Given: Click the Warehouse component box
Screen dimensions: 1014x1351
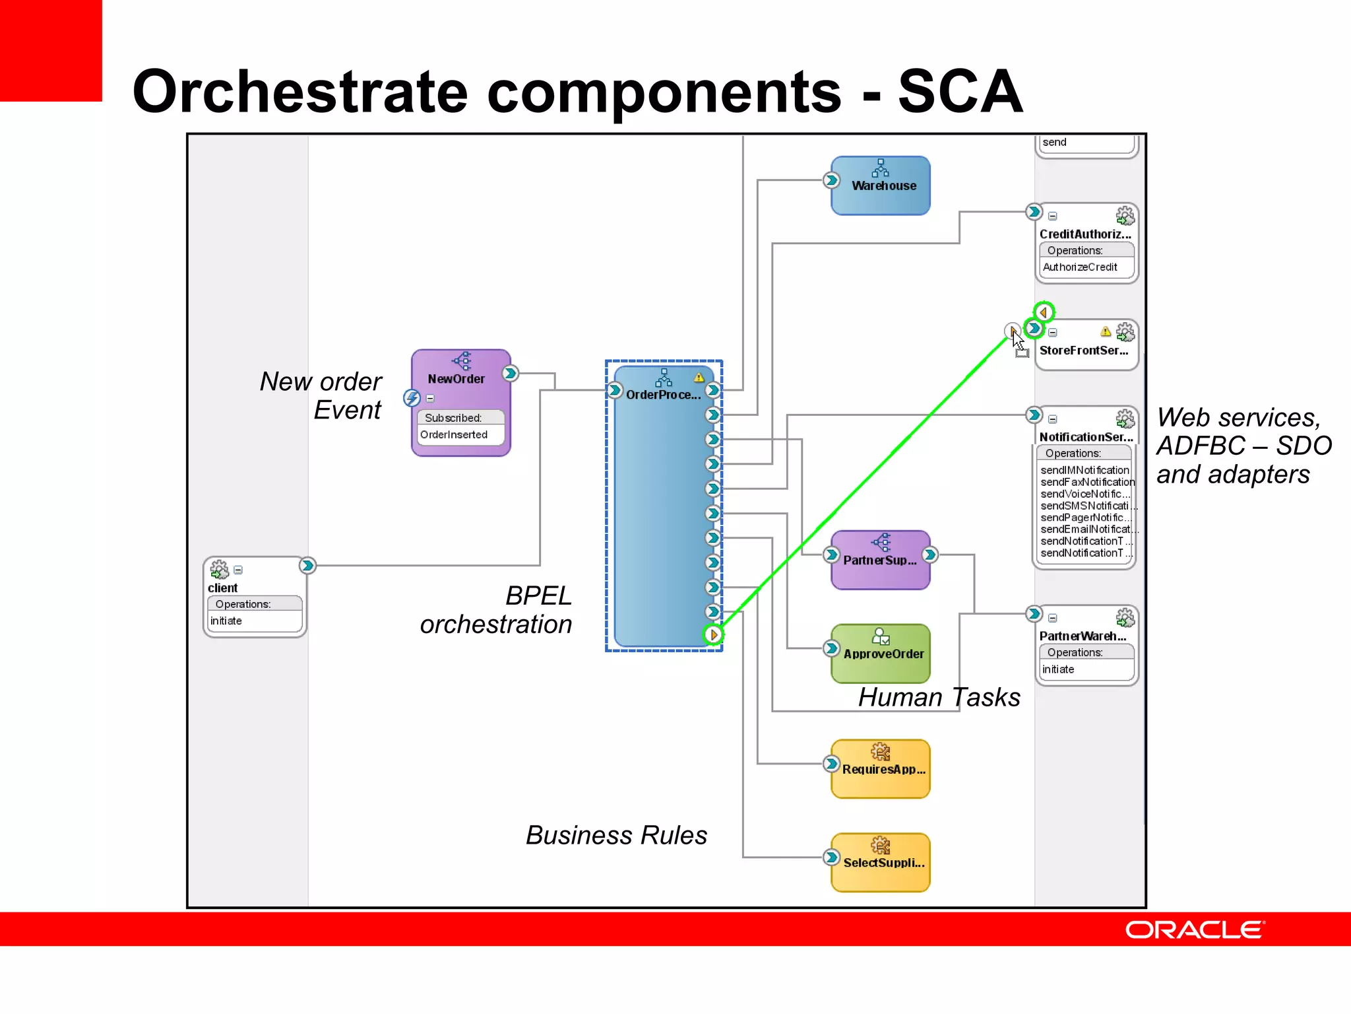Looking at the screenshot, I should (881, 186).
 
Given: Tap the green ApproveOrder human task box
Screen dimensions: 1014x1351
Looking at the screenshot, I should (881, 654).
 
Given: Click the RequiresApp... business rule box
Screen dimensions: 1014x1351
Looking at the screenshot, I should (881, 769).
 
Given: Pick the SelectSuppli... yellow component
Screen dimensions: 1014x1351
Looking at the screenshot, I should (881, 862).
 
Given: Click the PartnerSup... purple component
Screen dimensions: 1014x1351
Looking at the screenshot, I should (881, 560).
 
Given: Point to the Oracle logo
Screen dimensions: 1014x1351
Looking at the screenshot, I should (1194, 929).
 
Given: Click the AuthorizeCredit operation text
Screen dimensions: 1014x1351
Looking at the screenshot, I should (1080, 267).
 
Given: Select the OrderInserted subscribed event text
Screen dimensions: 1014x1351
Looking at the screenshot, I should (454, 434).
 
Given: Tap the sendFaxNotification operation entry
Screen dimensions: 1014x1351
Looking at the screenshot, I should (1087, 482).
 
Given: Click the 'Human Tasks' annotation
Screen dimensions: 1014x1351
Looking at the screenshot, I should (939, 698).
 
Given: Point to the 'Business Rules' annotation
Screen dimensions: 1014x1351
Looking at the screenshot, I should (616, 835).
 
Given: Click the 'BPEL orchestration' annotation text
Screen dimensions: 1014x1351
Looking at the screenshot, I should (496, 610).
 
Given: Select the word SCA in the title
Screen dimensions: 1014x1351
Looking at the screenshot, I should (960, 92).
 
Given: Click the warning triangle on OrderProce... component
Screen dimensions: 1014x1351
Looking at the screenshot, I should (699, 378).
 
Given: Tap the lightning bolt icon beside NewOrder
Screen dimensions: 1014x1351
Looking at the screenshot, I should (412, 398).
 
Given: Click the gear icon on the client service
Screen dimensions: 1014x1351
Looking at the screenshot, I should (218, 569).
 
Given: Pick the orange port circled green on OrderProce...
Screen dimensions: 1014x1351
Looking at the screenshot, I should (713, 635).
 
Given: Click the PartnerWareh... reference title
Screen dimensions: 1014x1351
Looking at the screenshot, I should (1082, 636).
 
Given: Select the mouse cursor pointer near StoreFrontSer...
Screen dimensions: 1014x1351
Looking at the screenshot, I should (1017, 341).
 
